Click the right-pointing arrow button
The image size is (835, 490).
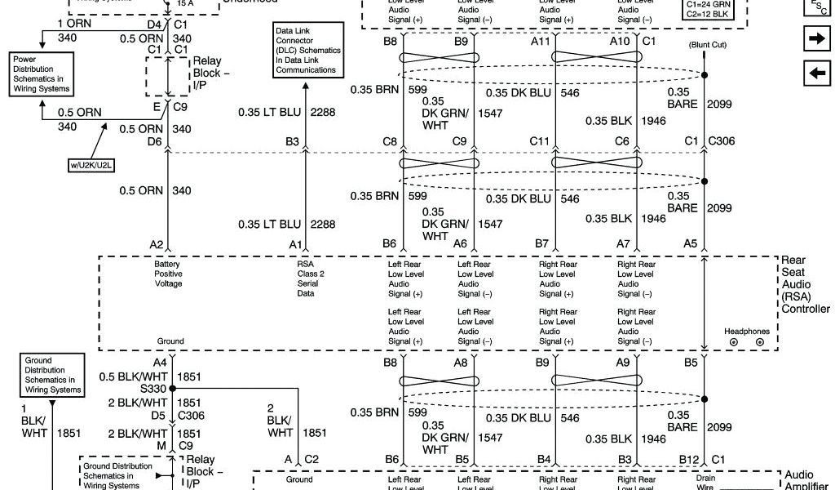(815, 38)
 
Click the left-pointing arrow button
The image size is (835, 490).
(815, 73)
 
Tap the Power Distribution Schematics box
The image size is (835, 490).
(42, 74)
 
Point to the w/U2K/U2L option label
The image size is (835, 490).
(91, 165)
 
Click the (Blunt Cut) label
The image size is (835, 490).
(707, 45)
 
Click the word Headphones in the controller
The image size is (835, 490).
(746, 331)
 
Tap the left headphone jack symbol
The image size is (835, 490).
(733, 342)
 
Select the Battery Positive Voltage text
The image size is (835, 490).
(168, 274)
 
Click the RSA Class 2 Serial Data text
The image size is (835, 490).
(311, 278)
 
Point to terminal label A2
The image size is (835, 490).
(157, 244)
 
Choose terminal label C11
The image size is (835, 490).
(540, 141)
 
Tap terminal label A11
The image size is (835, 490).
(540, 40)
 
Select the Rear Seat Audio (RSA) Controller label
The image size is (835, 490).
(805, 284)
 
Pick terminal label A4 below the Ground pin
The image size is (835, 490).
(159, 362)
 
